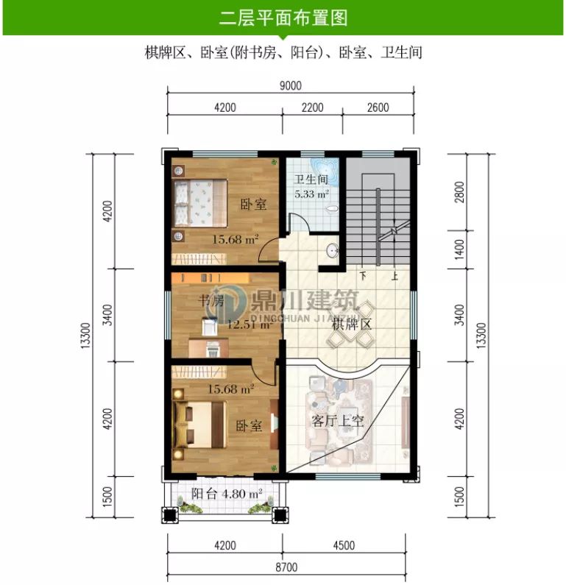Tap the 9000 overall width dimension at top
pos(290,85)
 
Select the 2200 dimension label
pos(312,107)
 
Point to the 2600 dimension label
pos(377,107)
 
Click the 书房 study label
pos(212,300)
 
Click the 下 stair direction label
pos(363,277)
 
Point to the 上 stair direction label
pos(395,277)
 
